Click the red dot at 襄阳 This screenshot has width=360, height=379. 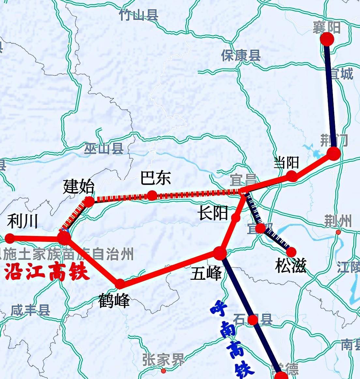pos(327,39)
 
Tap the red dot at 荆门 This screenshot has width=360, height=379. pos(334,153)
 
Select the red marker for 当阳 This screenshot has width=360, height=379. pos(292,176)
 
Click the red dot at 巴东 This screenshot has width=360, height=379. pos(152,196)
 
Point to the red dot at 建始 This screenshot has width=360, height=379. pos(89,201)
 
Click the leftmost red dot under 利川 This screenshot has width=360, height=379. pos(10,238)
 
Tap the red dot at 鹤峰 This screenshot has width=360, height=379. pos(120,284)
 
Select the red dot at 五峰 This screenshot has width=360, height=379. pos(220,253)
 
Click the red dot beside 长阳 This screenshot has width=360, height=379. pos(235,217)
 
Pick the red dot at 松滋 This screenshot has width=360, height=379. pos(291,252)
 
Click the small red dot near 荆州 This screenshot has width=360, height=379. pos(338,232)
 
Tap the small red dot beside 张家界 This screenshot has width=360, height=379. pos(163,371)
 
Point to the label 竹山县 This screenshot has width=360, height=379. pos(139,15)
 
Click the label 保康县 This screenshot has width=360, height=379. pos(241,56)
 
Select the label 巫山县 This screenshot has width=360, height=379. pos(104,149)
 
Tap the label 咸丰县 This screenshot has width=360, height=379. pos(30,310)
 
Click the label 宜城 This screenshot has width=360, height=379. pos(341,74)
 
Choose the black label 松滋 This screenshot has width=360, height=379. pos(291,266)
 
